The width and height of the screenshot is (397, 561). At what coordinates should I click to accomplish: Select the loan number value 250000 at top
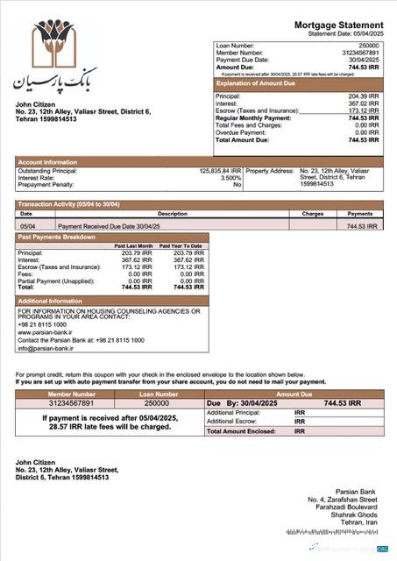pos(369,46)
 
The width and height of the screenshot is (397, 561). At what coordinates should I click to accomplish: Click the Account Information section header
pos(48,162)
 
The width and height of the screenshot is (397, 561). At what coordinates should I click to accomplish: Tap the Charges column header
pos(313,213)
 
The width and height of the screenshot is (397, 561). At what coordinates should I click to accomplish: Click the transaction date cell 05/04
pos(26,226)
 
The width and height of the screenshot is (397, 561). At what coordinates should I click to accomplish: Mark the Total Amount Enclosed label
pos(242,431)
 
